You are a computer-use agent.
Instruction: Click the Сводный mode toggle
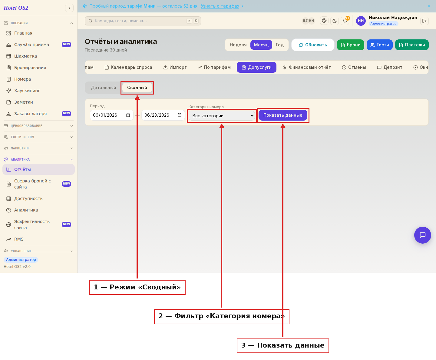click(137, 88)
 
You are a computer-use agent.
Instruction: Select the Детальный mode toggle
click(103, 88)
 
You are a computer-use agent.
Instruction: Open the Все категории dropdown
click(222, 116)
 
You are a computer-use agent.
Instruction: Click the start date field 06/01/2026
click(111, 115)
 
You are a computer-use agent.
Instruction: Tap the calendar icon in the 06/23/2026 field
click(180, 115)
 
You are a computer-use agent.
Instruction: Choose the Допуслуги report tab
click(256, 67)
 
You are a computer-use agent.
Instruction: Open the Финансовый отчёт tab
click(307, 67)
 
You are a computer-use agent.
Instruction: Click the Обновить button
click(313, 45)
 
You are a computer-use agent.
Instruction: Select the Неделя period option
click(238, 45)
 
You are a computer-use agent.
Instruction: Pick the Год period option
click(279, 45)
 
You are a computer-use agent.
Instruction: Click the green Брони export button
click(350, 45)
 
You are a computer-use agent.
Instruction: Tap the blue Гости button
click(379, 45)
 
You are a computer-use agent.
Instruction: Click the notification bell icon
click(345, 21)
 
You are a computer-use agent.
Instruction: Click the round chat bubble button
click(422, 235)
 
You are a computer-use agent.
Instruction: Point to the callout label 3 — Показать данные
click(283, 345)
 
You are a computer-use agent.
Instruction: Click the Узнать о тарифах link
click(220, 6)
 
